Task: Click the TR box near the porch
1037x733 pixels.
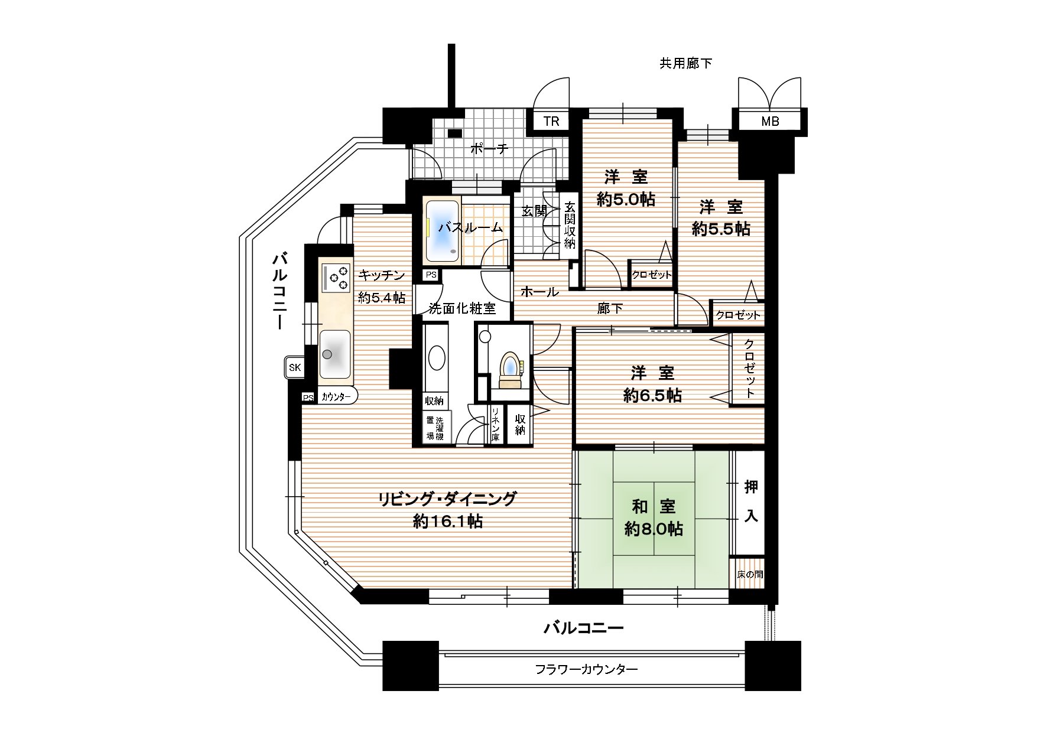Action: (x=551, y=122)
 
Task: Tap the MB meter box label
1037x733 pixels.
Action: (x=770, y=122)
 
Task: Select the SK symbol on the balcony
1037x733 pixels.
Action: (x=294, y=368)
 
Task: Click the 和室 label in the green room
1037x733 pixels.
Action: (x=654, y=506)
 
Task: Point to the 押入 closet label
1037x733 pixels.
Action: (x=750, y=501)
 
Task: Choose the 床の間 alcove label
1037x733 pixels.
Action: (x=749, y=574)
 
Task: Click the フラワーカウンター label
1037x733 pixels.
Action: (x=586, y=670)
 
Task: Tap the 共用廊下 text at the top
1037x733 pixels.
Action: (x=685, y=63)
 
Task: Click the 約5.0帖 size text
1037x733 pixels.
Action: (x=626, y=200)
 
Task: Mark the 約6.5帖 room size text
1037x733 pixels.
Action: (x=652, y=395)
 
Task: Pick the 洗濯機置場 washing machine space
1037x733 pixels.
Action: (x=435, y=429)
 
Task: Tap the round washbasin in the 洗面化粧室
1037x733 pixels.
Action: (x=436, y=358)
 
